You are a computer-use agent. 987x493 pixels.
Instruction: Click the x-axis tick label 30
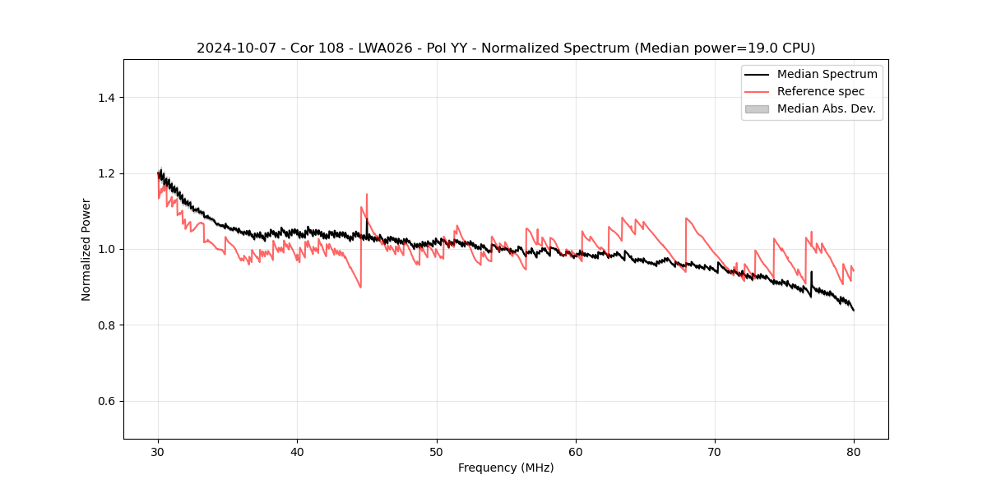point(158,451)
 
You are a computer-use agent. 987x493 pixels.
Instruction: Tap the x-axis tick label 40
point(297,451)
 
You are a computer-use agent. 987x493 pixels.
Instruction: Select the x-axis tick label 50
point(436,451)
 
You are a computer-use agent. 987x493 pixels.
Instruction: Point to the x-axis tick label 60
point(576,451)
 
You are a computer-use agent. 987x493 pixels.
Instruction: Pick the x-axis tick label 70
point(715,451)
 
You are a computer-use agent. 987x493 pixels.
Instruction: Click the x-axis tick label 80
point(854,451)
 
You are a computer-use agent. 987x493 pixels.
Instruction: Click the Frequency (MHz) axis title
point(506,468)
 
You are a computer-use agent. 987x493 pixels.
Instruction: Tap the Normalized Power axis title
point(86,249)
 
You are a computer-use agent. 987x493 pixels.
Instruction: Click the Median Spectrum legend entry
point(827,74)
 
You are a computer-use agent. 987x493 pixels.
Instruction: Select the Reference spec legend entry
point(820,91)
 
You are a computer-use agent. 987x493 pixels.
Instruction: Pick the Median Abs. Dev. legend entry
point(826,108)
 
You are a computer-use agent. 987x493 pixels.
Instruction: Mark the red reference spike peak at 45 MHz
point(367,195)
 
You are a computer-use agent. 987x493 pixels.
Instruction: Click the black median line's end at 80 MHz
point(854,311)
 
